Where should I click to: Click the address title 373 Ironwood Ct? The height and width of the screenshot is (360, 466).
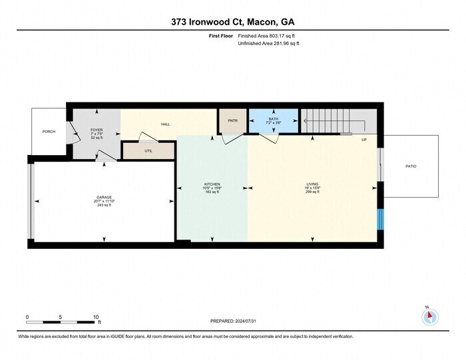point(233,21)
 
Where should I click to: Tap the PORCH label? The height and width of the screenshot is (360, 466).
point(49,131)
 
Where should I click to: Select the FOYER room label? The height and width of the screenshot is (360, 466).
point(97,130)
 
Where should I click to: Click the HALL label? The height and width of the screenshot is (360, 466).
point(166,124)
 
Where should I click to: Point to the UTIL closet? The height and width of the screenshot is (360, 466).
point(148,151)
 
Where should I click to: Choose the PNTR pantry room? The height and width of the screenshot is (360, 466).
point(232,120)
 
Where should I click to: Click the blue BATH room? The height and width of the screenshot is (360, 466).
point(274,120)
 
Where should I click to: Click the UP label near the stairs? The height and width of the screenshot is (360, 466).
point(363,140)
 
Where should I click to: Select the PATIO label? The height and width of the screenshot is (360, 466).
point(411,166)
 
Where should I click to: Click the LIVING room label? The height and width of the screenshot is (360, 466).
point(313,184)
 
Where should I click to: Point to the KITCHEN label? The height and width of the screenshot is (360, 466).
point(212,184)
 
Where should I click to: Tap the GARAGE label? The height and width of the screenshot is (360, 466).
point(104,198)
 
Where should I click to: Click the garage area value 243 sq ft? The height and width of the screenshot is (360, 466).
point(104,206)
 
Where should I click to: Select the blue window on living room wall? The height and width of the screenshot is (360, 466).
point(381,220)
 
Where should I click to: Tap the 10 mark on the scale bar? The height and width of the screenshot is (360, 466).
point(96,317)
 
